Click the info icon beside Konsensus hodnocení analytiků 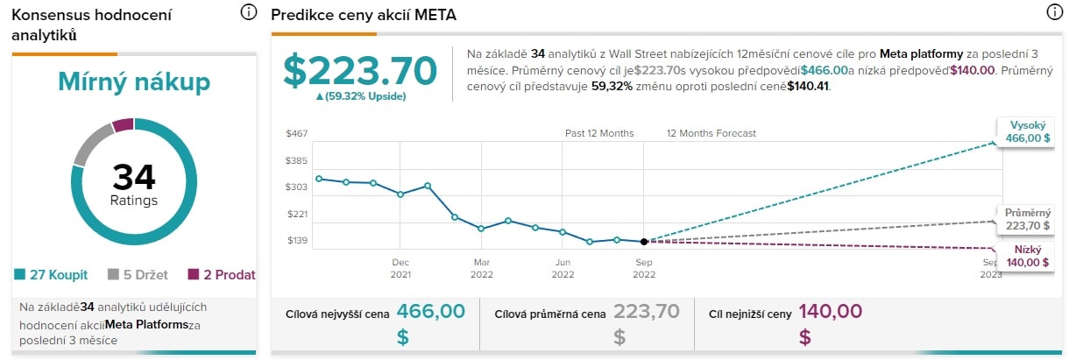248,12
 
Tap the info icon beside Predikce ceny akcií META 1054,12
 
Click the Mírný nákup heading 134,82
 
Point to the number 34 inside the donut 134,178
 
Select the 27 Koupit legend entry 52,275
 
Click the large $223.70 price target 360,70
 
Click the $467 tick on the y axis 296,134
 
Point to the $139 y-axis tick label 296,241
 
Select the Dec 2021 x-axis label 400,268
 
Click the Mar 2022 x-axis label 481,268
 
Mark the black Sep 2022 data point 644,242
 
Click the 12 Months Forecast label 711,134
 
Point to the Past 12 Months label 599,134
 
